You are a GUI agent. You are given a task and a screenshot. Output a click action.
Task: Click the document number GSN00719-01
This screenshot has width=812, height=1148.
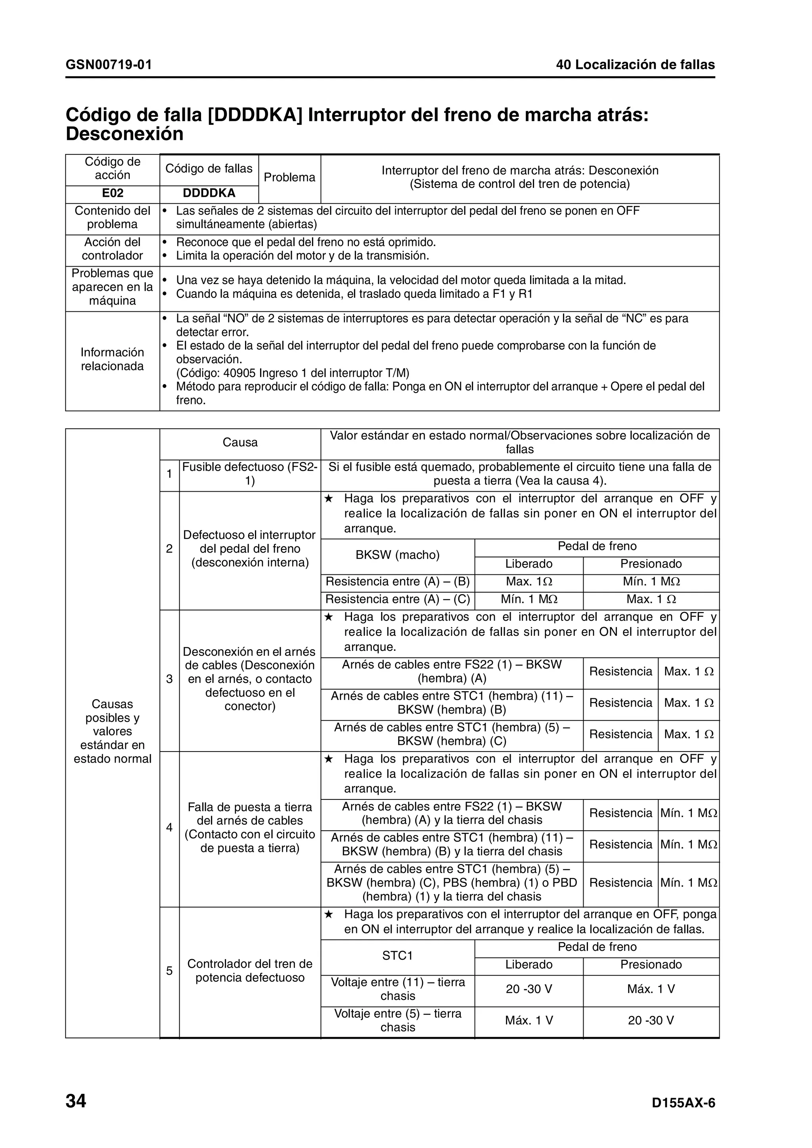(109, 65)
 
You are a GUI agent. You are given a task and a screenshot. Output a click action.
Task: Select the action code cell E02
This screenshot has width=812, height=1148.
(113, 193)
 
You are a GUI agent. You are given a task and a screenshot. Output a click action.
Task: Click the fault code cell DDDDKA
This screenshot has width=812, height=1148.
(209, 193)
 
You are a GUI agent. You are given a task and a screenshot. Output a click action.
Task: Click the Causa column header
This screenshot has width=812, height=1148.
(240, 442)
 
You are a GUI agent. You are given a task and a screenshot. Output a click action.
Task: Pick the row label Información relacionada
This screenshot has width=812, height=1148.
(113, 359)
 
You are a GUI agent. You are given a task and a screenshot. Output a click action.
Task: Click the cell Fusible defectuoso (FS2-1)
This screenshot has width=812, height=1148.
(250, 474)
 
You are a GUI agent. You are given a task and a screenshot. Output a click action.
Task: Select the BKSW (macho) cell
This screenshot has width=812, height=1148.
(397, 555)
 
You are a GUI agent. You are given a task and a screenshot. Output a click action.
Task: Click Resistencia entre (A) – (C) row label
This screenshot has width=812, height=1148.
(397, 599)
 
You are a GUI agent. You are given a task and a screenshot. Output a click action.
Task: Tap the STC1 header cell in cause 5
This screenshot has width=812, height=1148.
(397, 955)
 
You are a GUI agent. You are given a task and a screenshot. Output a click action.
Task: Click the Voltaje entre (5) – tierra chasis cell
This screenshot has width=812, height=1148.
(397, 1020)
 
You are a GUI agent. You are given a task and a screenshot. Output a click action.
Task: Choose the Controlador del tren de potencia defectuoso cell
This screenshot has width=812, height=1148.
(250, 971)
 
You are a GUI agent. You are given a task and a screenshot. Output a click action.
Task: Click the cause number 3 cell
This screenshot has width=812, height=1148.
(169, 679)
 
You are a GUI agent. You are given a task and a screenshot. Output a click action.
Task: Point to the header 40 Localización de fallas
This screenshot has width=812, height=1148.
(636, 65)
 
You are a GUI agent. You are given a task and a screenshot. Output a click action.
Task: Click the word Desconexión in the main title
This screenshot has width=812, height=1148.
(124, 134)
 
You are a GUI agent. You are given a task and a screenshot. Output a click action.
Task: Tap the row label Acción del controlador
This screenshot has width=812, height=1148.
(113, 249)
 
